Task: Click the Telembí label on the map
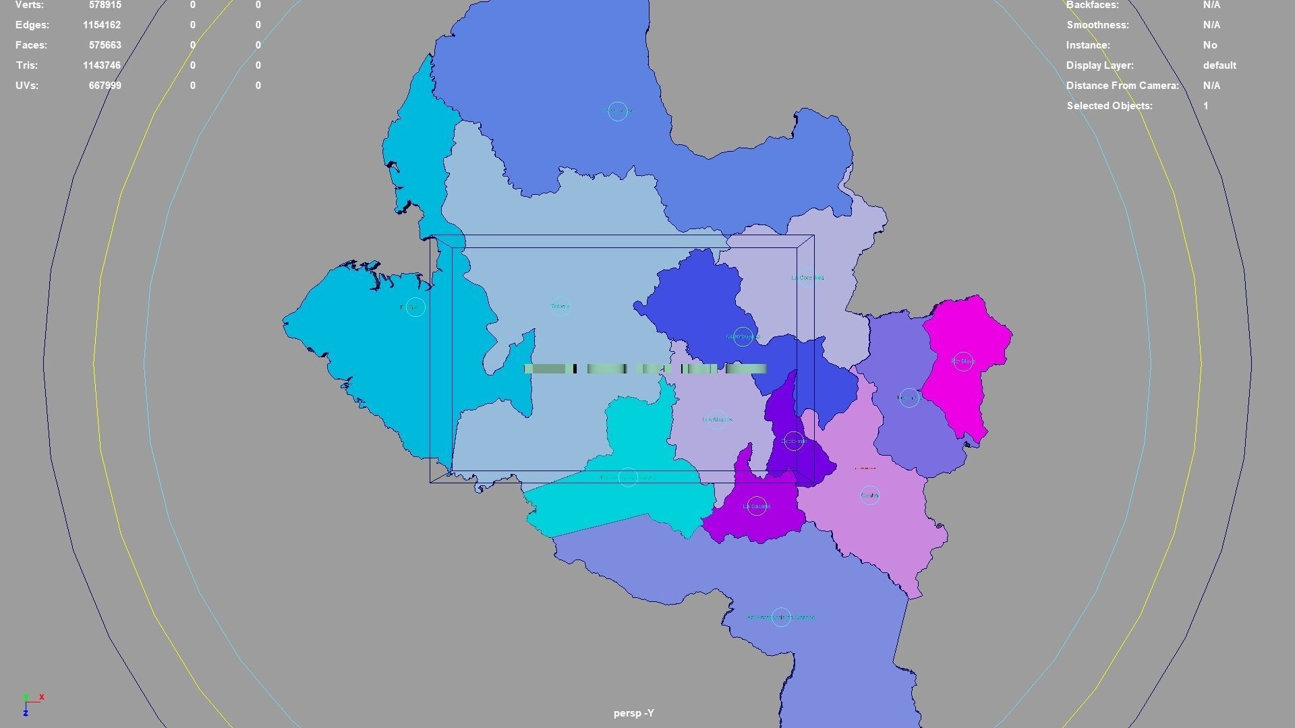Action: [560, 307]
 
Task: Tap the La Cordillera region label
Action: [807, 278]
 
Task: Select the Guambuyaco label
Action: [743, 336]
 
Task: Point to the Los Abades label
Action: [716, 420]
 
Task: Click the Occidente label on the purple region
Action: [794, 442]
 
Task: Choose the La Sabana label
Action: [756, 506]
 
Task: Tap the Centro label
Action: [870, 495]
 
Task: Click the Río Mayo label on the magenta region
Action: [962, 362]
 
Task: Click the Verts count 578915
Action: [105, 5]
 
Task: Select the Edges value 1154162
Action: [102, 25]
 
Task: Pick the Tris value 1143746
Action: [102, 65]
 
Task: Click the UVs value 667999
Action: [105, 86]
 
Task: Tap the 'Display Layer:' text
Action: [1099, 65]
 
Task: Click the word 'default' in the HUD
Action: [1219, 65]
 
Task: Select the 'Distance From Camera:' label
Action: [1122, 86]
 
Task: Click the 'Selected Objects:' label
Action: [1109, 106]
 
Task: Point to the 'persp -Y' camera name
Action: [633, 713]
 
